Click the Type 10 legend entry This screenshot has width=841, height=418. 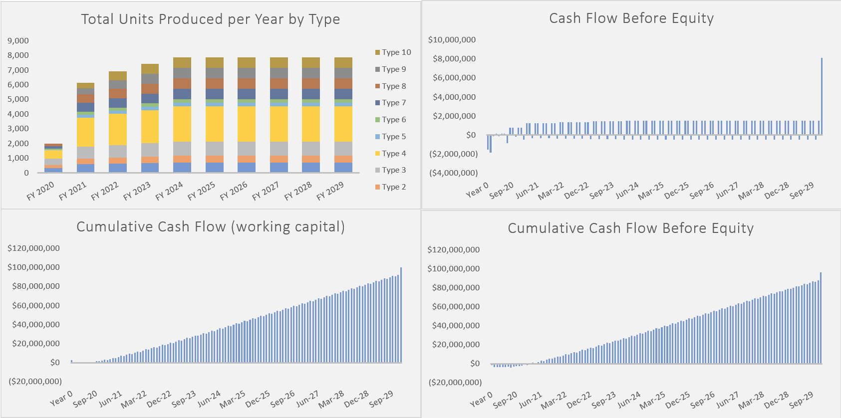tap(393, 52)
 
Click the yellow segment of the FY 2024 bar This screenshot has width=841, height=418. tap(182, 124)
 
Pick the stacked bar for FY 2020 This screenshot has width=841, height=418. tap(53, 159)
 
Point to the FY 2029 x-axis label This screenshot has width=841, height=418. tap(331, 191)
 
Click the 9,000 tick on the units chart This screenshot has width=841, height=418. tap(18, 40)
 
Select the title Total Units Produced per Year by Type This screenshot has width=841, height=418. tap(210, 19)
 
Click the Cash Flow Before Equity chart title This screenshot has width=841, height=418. tap(631, 18)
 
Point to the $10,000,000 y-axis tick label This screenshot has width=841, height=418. tap(452, 39)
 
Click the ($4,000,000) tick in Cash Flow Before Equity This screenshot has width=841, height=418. tap(453, 173)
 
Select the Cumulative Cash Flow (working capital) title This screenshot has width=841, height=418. tap(210, 226)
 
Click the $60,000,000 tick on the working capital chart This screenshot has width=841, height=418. tap(33, 305)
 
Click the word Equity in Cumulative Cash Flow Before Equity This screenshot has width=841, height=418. tap(732, 228)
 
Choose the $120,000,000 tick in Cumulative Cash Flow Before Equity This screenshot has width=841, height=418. tap(453, 249)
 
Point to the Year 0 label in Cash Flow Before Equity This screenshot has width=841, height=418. tap(477, 190)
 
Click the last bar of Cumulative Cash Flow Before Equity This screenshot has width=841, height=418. tap(821, 318)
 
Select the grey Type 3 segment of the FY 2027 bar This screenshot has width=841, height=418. tap(279, 149)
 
